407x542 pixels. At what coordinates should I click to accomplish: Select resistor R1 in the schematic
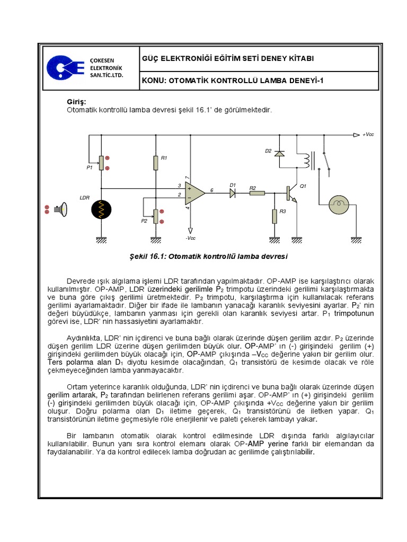coord(156,162)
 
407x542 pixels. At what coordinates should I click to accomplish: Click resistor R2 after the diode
coord(256,194)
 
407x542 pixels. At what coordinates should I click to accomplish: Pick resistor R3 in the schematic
coord(275,216)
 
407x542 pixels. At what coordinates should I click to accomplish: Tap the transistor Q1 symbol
coord(290,194)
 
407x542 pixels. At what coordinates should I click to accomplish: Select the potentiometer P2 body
coord(156,216)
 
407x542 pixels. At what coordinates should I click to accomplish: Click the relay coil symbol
coord(306,161)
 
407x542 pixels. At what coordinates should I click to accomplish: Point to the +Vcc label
coord(368,135)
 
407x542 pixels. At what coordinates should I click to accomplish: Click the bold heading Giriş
coord(76,102)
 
